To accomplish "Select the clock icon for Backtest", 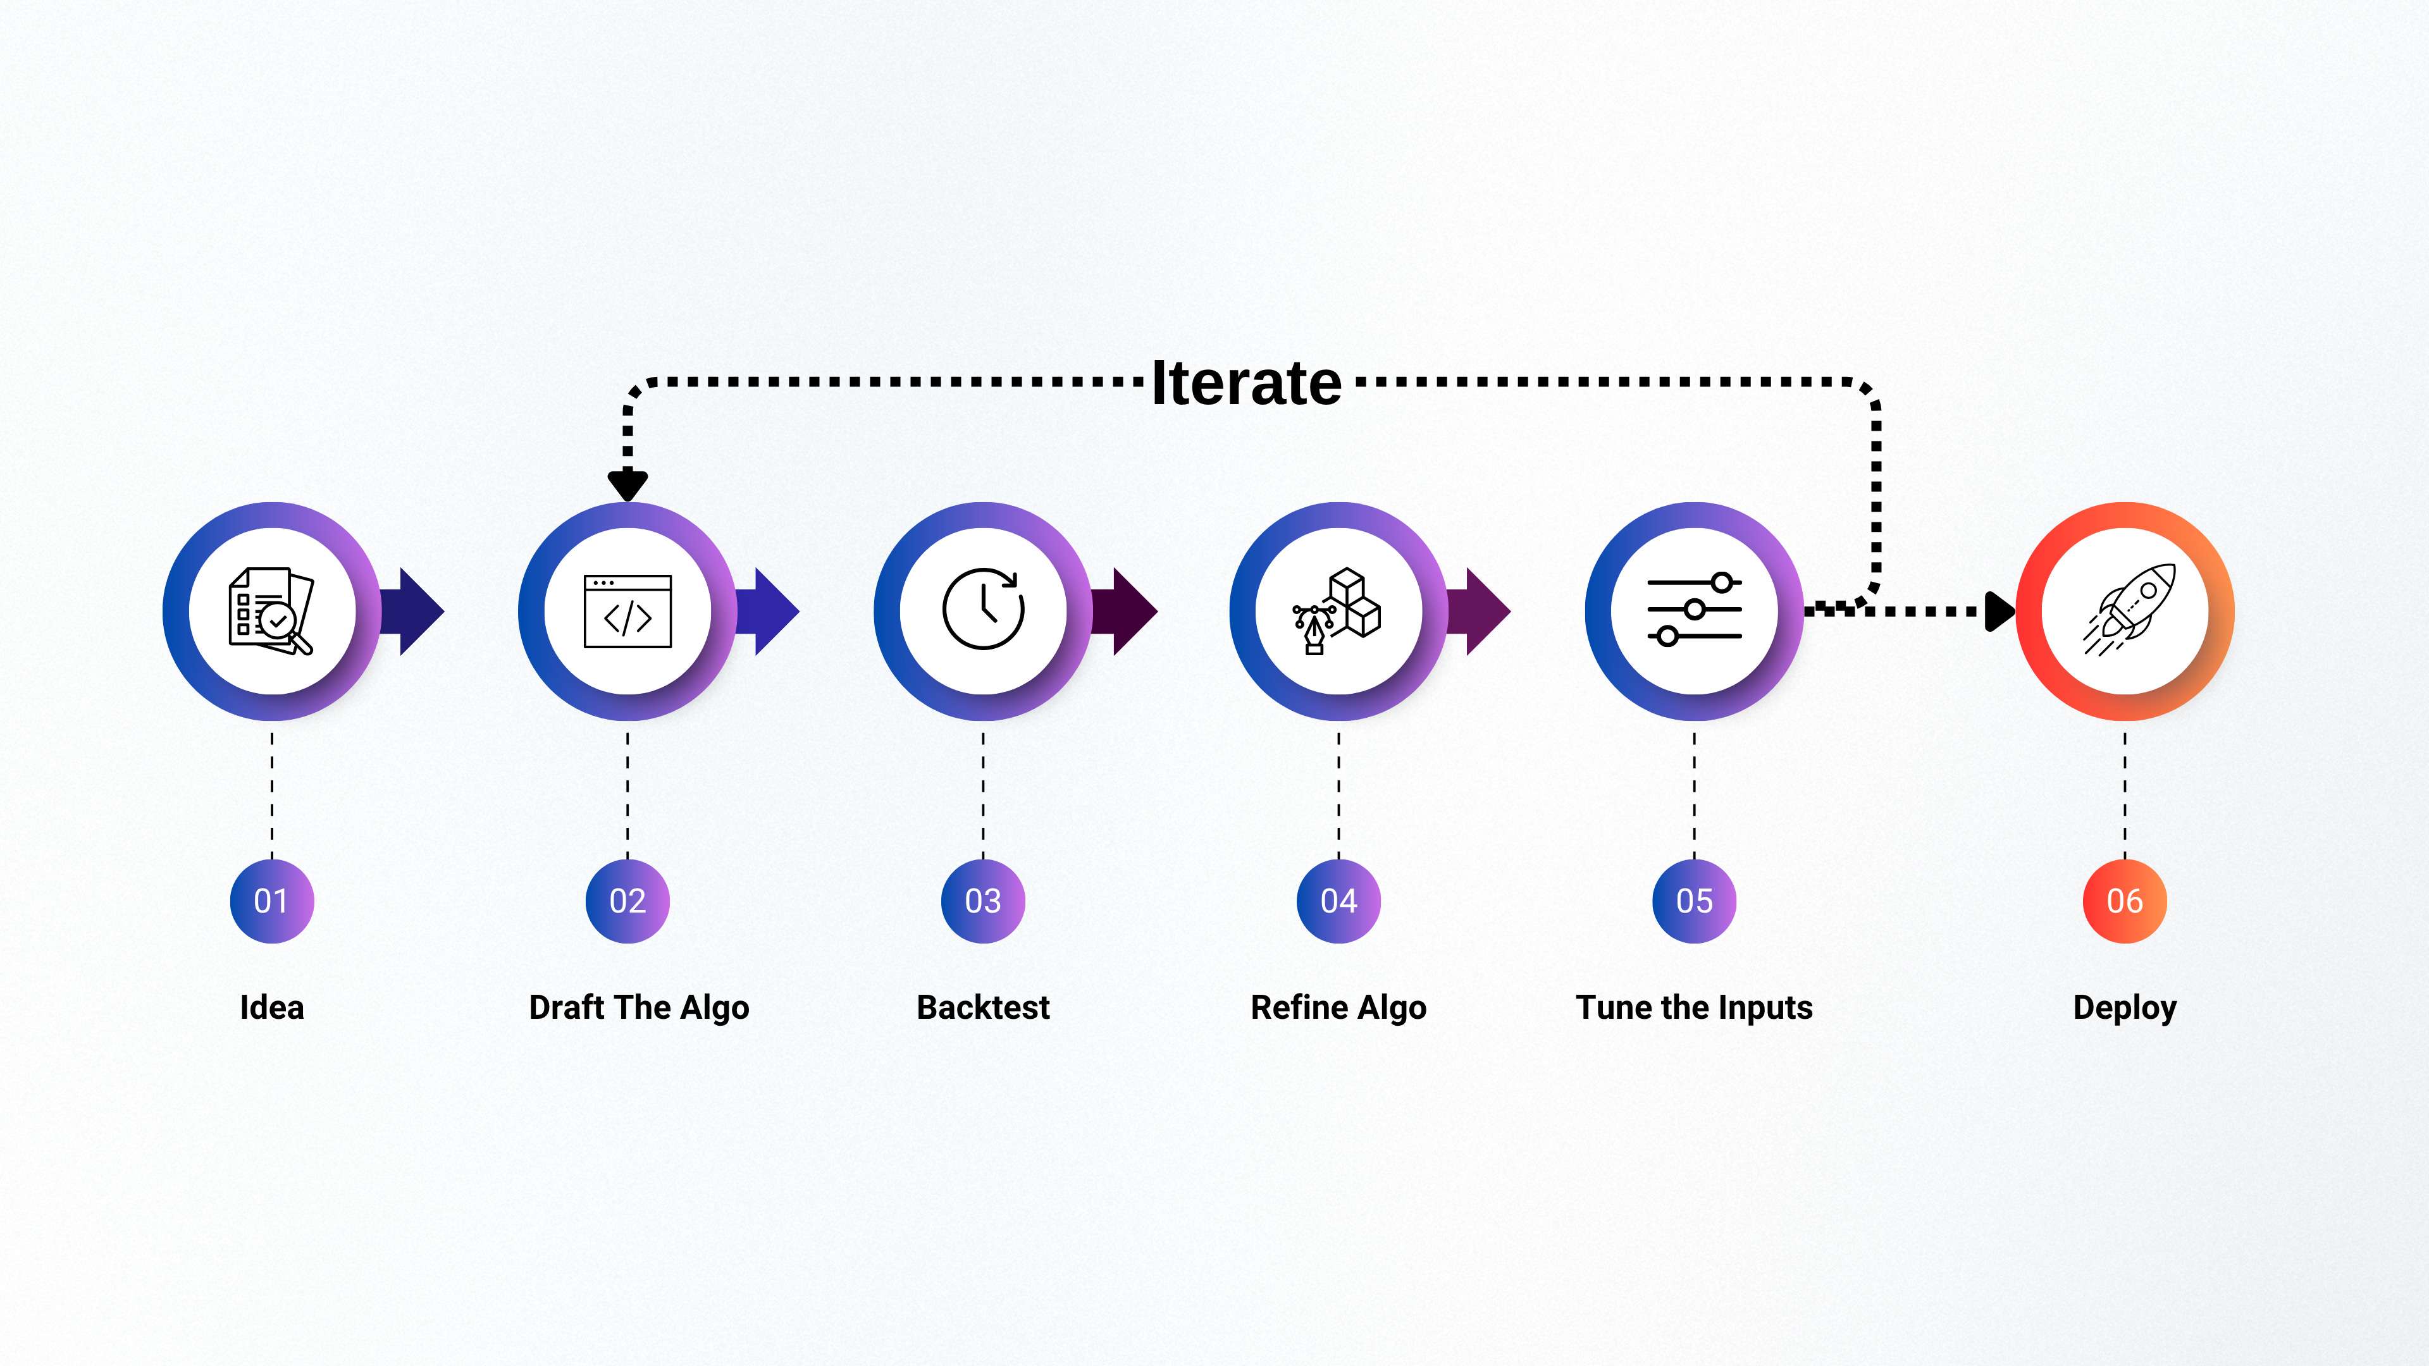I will [984, 609].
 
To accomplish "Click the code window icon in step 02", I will [628, 611].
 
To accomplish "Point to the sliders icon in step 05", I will [1695, 609].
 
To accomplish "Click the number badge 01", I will [271, 901].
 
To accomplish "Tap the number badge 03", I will [984, 901].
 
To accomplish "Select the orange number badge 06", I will [2125, 901].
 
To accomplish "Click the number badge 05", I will [1695, 901].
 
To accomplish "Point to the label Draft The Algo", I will [640, 1008].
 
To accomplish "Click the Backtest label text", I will [984, 1008].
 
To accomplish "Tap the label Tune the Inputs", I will [1695, 1008].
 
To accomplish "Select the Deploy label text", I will [2125, 1009].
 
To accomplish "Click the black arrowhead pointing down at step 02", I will [628, 484].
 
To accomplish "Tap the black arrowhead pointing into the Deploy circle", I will [1998, 611].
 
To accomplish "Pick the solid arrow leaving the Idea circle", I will [415, 611].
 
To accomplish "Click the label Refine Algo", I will [1338, 1008].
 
